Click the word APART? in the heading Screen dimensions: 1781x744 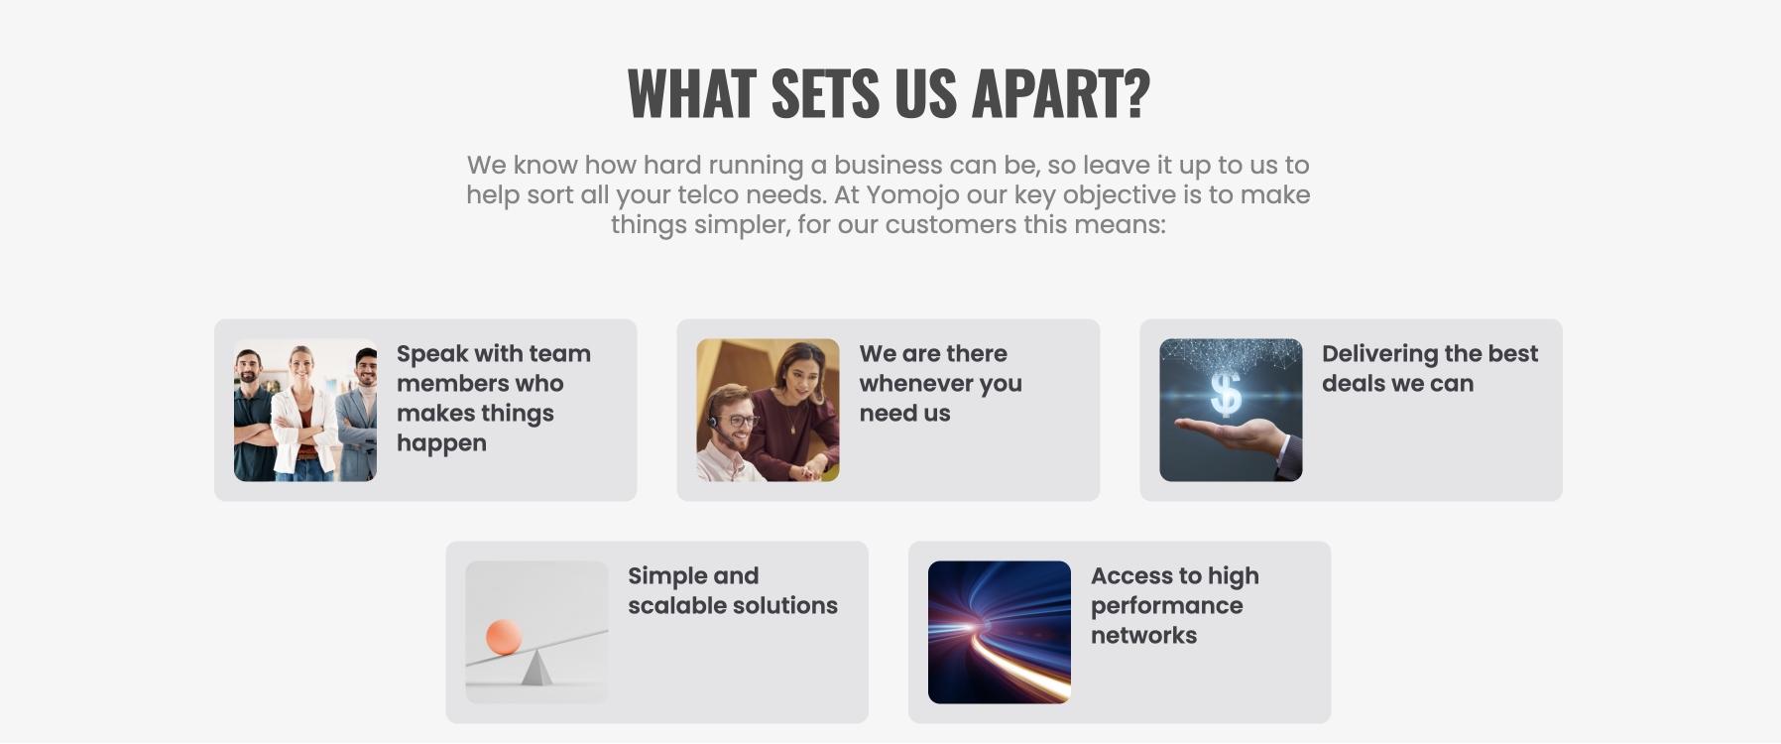1060,93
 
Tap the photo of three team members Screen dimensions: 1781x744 305,410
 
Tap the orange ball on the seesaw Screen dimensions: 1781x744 504,637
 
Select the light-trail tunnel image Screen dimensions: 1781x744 1000,632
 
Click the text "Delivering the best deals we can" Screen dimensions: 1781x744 1430,368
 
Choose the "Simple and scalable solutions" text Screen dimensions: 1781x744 733,590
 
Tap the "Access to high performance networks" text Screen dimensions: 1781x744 1175,605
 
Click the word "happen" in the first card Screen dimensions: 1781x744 441,443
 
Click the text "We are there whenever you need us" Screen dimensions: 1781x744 940,383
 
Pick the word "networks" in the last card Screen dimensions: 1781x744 1144,635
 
